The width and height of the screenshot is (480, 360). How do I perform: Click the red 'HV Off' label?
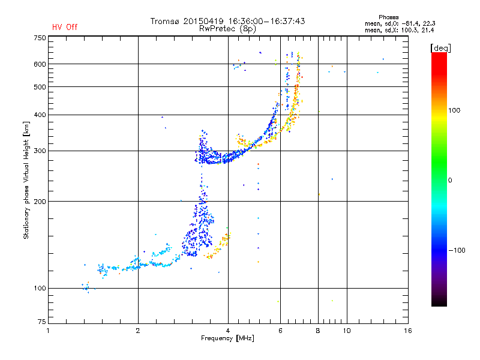point(65,27)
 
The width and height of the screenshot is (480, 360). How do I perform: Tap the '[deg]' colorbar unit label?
point(440,47)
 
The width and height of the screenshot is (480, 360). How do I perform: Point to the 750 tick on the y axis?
point(40,38)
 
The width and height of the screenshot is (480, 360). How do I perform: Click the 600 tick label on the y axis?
point(40,64)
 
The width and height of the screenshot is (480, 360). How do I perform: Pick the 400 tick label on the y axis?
point(40,115)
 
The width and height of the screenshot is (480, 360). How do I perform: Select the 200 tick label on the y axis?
point(40,201)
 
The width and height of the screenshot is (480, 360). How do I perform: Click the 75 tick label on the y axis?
point(41,324)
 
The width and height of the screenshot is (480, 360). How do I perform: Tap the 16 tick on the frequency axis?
point(407,331)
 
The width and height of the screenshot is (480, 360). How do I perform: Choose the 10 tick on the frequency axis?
point(346,331)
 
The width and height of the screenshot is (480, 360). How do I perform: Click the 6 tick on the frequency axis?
point(280,331)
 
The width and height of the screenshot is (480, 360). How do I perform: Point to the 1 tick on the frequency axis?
point(49,331)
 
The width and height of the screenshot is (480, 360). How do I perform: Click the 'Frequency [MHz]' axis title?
point(227,338)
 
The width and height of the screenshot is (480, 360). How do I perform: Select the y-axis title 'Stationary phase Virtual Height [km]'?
point(26,181)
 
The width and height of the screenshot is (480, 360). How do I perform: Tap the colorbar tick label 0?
point(449,180)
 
